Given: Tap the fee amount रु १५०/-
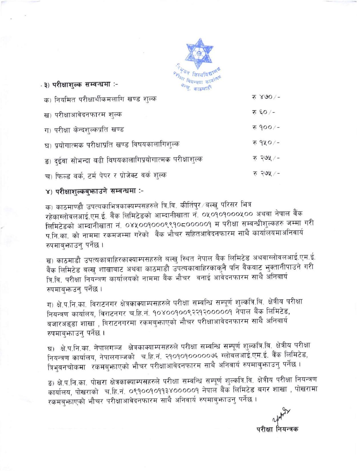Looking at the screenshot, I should tap(266, 142).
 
